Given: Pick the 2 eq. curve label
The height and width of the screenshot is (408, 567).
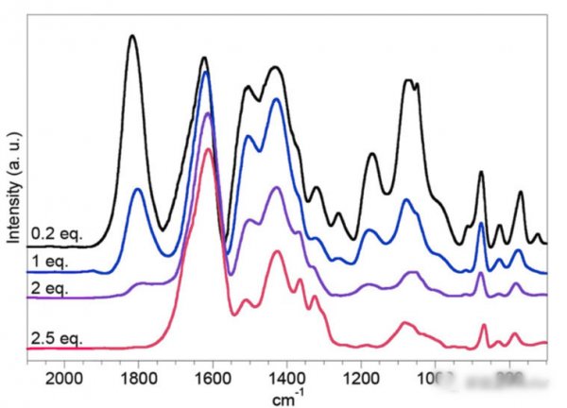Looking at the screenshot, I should point(46,286).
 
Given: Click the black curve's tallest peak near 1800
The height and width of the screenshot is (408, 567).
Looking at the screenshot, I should point(132,36).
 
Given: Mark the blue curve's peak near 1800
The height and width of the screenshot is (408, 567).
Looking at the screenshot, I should point(138,190).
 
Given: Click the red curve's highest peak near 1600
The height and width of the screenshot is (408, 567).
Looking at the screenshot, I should point(208,149).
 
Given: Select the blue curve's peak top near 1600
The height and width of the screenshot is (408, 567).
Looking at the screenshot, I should point(206,72).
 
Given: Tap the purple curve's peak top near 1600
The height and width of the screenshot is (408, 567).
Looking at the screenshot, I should point(207,113).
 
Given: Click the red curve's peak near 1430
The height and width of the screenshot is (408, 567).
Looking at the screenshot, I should point(278,251).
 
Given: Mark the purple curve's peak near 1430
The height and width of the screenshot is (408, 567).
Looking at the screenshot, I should point(277,188).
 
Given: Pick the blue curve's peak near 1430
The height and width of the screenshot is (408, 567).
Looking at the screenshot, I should point(277,99).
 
